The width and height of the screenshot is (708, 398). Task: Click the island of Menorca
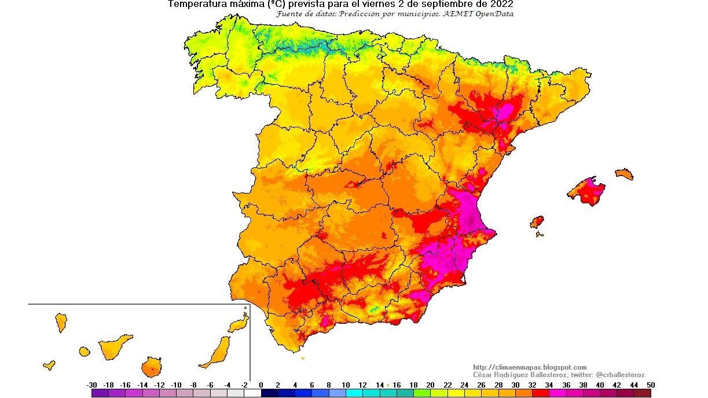(x=624, y=174)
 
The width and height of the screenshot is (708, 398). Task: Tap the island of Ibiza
(x=537, y=222)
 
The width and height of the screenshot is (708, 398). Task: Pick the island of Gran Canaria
(x=151, y=367)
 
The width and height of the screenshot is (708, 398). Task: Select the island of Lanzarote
(x=238, y=324)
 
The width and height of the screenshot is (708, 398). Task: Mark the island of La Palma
(x=61, y=322)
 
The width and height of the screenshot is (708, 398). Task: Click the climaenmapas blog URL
(x=529, y=367)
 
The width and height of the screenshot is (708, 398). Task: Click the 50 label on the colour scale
(x=651, y=385)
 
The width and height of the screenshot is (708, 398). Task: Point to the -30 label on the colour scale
(x=91, y=385)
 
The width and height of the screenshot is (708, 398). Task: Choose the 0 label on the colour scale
(x=261, y=385)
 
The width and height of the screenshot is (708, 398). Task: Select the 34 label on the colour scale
(x=549, y=385)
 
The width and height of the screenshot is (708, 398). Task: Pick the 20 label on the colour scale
(x=430, y=385)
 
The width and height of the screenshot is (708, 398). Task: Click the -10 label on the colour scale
(x=176, y=385)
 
